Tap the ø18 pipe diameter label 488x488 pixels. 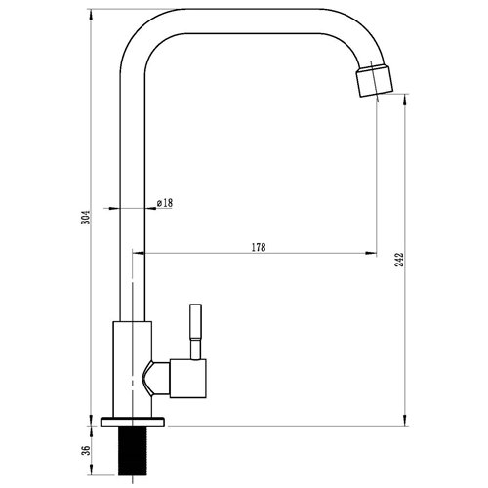pyautogui.click(x=165, y=202)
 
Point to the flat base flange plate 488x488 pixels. pyautogui.click(x=136, y=422)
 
